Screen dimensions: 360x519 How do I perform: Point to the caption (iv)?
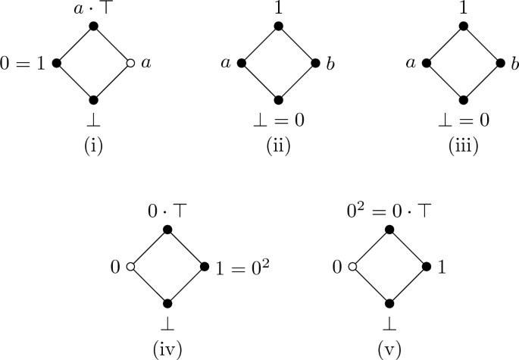167,350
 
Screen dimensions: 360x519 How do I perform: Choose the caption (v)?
389,350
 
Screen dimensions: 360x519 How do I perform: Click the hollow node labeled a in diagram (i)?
130,64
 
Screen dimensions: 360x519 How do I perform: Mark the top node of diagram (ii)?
279,27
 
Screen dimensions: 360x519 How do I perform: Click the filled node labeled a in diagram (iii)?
427,64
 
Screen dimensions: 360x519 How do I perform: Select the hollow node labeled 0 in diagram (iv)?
130,268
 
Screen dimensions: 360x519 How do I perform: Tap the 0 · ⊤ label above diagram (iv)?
167,213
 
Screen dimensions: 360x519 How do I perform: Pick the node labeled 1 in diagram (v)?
427,268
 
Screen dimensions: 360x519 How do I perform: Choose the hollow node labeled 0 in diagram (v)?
352,268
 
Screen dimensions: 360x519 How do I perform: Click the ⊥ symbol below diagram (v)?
389,324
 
